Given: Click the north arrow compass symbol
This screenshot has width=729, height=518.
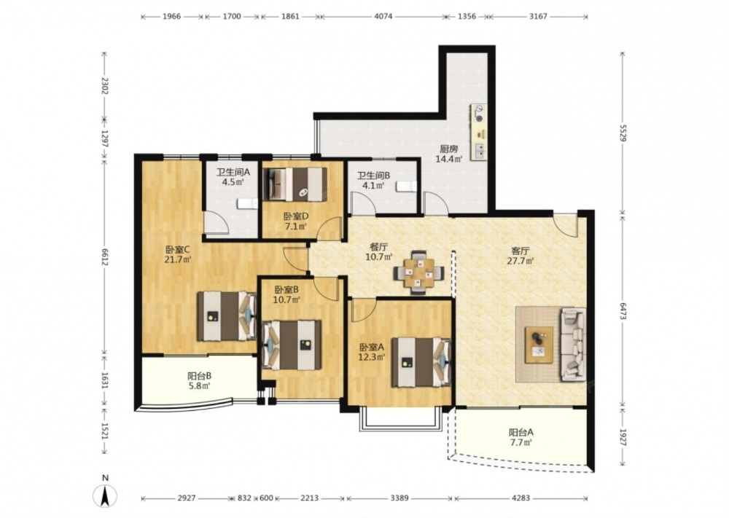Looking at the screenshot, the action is (x=106, y=495).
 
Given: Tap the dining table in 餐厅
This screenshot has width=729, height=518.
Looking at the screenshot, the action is (x=419, y=272).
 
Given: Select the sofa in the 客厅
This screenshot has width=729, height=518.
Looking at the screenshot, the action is (x=573, y=345).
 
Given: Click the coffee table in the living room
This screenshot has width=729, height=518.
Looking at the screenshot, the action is (x=539, y=345).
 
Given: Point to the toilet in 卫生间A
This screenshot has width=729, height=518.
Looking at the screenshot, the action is (x=247, y=204).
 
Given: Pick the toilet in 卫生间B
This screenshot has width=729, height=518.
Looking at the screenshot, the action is (x=407, y=187).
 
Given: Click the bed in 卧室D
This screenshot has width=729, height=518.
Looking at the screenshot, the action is (x=295, y=184).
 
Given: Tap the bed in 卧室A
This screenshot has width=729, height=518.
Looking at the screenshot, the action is (x=421, y=362).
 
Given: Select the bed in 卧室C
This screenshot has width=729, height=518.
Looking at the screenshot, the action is (x=227, y=316).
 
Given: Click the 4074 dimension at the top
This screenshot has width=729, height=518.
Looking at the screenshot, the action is (x=383, y=16).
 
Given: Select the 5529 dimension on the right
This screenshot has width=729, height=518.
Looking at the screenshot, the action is (x=623, y=131).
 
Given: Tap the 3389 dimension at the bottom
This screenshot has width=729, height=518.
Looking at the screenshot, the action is (x=399, y=498).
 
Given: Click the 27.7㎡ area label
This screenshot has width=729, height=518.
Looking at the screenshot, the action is (x=521, y=261).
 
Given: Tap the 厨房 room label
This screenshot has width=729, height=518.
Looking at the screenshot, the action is (x=449, y=149).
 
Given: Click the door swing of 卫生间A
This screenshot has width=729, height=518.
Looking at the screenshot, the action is (x=217, y=222).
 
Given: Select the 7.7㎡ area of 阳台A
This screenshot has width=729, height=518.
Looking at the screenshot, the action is (x=521, y=443).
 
